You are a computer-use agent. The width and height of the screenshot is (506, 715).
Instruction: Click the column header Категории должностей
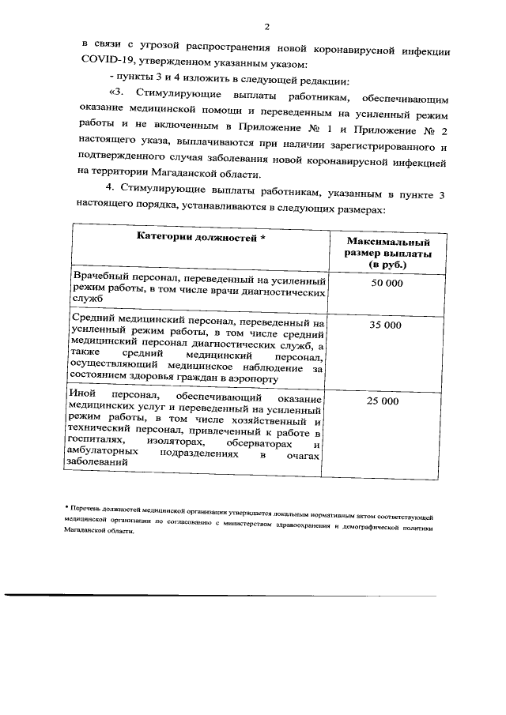click(201, 236)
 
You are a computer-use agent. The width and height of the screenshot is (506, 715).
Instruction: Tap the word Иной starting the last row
click(82, 393)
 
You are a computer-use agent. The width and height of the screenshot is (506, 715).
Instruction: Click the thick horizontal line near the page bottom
click(221, 595)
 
